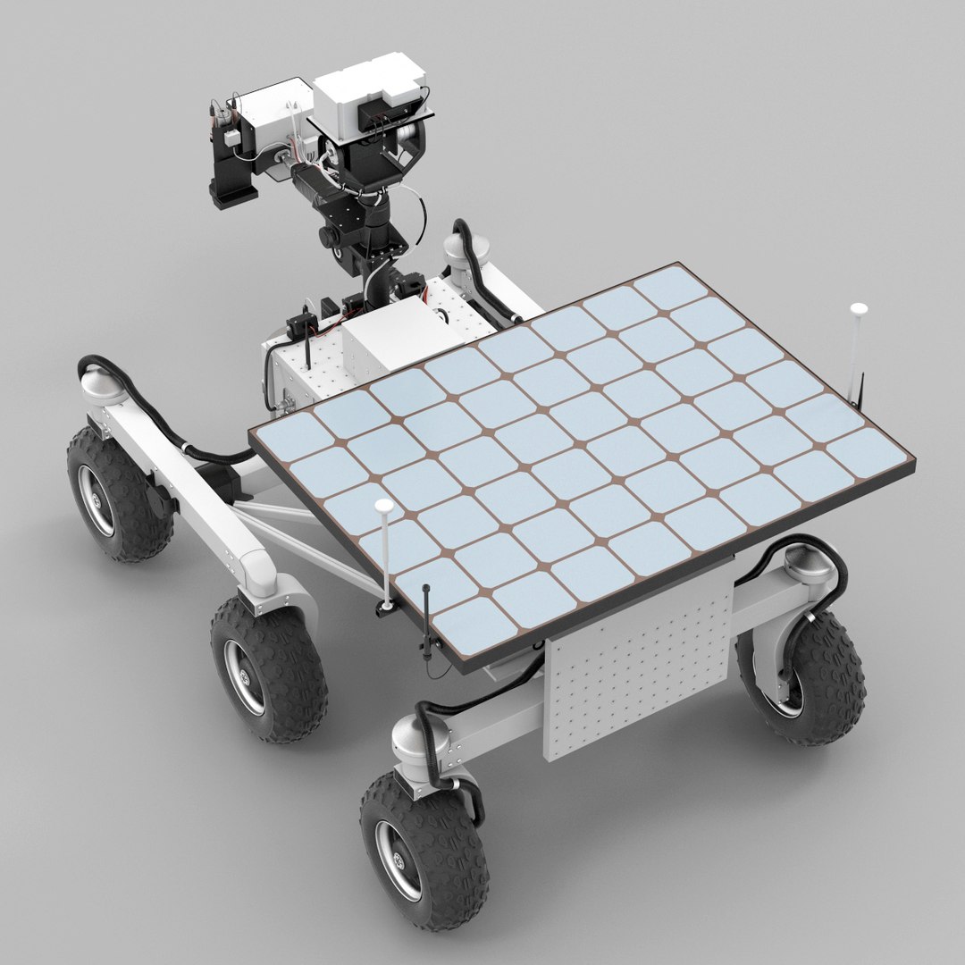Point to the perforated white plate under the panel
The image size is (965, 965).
638,661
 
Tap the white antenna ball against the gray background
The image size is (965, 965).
859,309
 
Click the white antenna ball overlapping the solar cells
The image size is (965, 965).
384,507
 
